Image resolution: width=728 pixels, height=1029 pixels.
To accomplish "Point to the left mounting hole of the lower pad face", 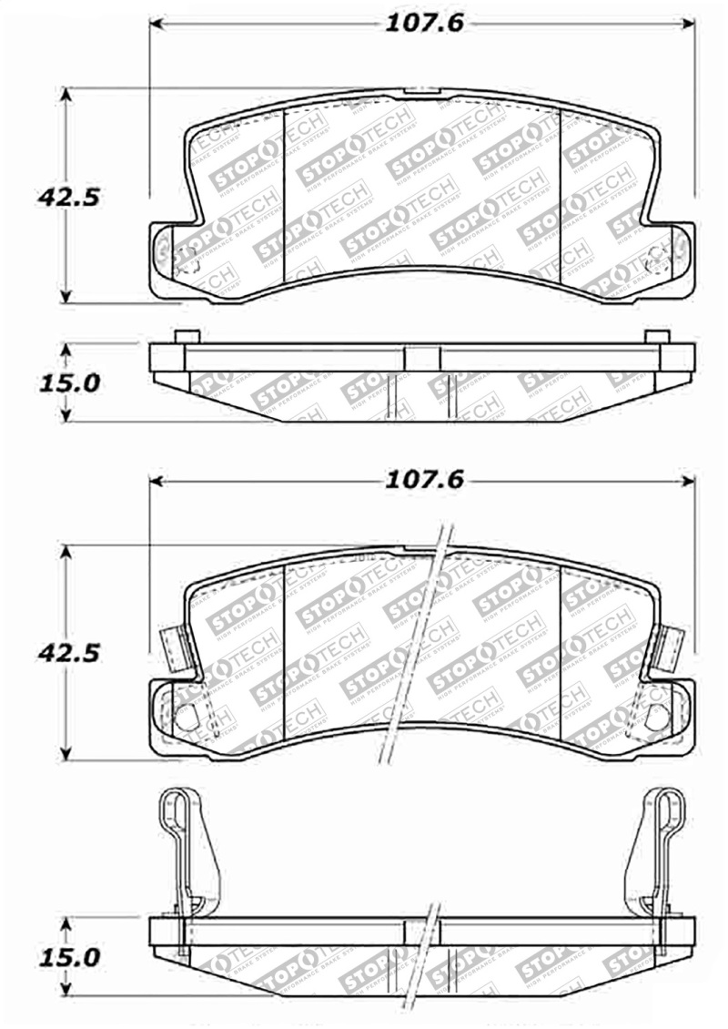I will point(186,717).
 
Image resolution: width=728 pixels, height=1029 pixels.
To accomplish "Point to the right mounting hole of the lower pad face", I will point(655,717).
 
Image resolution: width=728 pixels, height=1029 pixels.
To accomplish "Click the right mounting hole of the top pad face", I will point(654,259).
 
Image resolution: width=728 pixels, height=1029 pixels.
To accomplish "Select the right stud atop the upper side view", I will point(656,336).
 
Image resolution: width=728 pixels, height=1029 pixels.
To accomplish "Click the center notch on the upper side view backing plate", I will point(420,357).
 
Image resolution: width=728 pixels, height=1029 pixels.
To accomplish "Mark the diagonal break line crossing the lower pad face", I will point(414,647).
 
